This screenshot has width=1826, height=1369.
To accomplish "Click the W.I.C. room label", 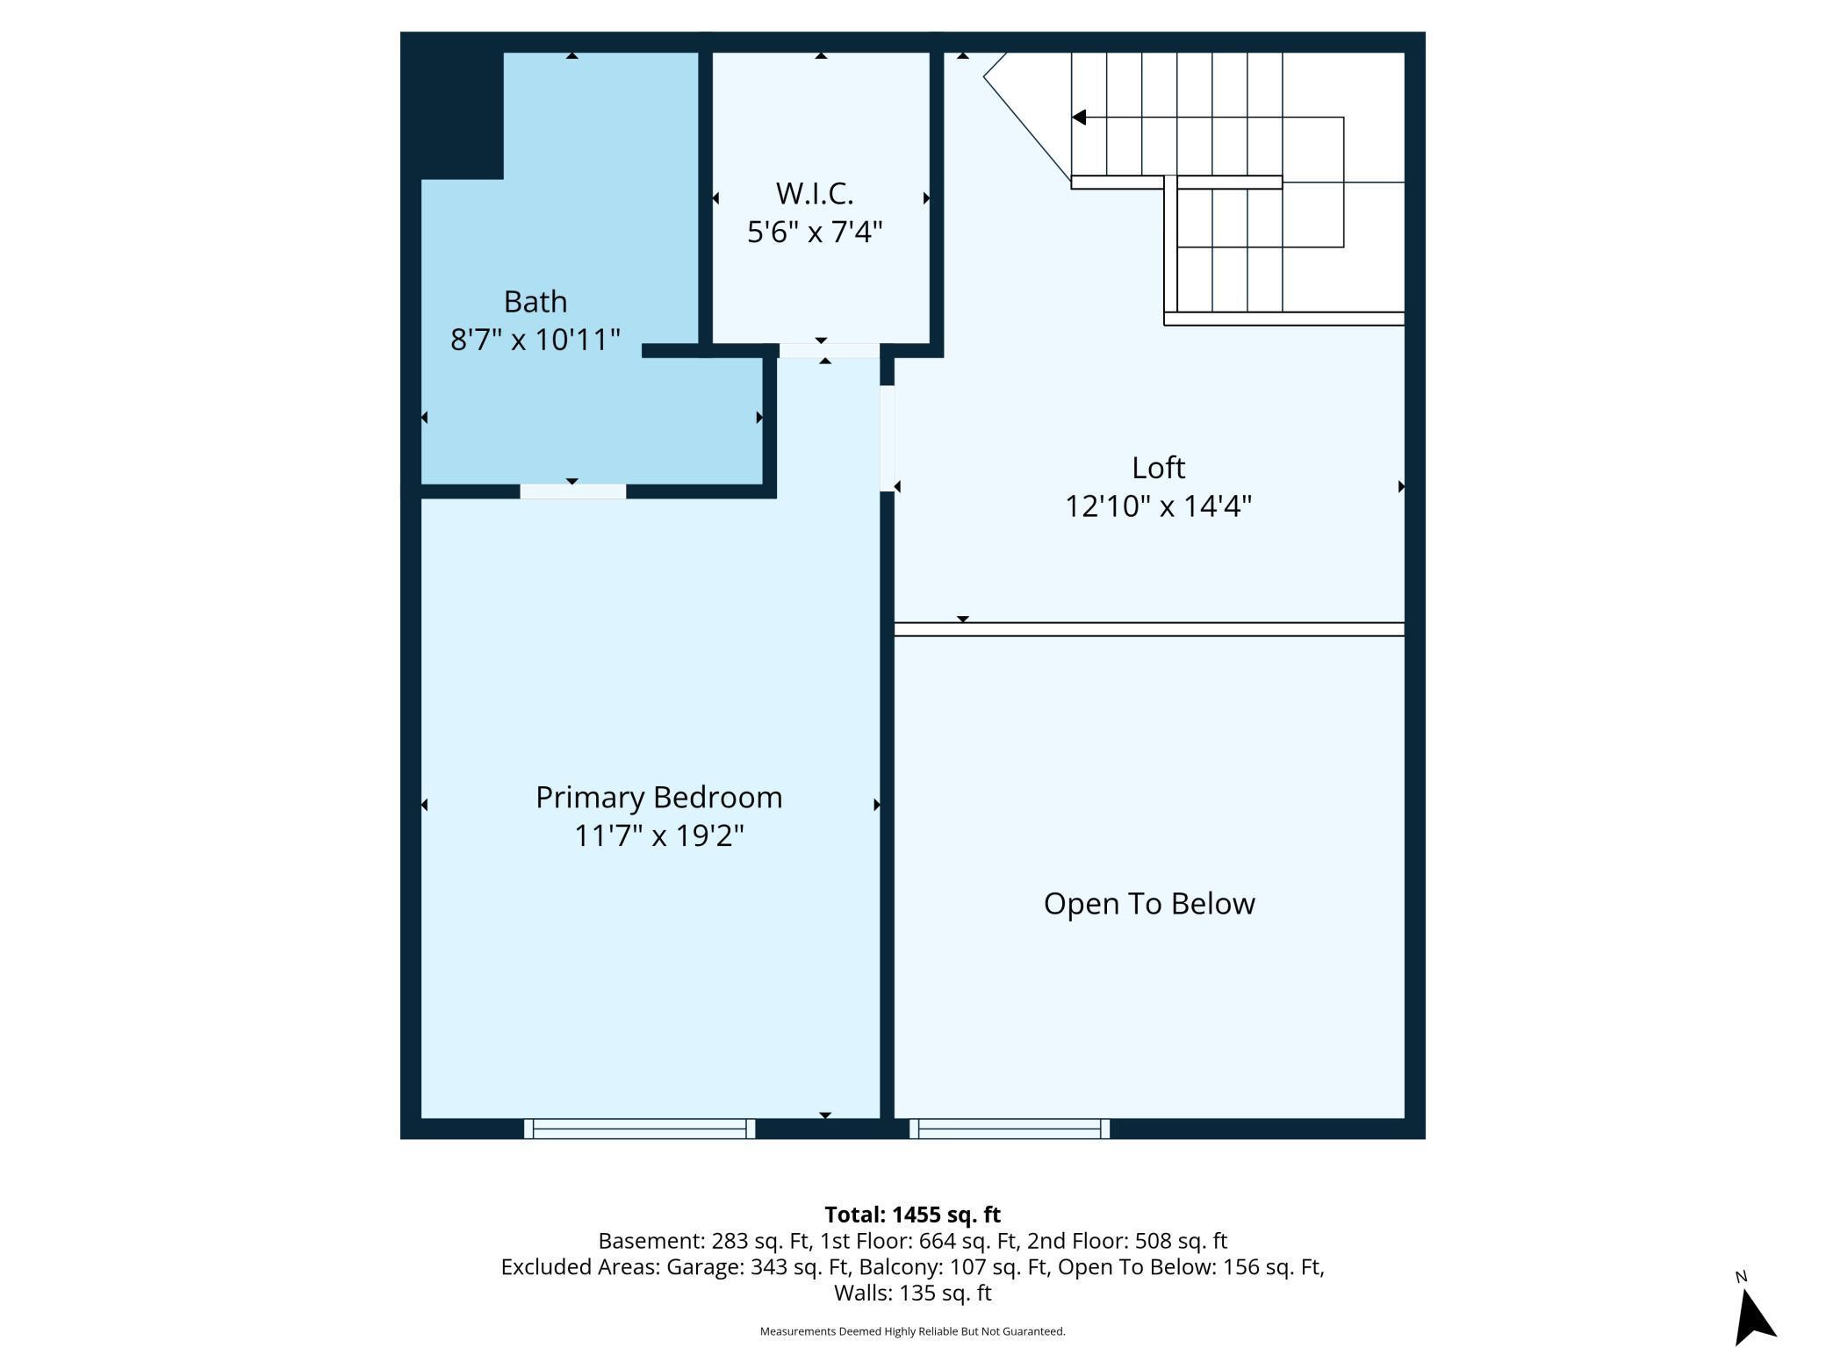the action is pyautogui.click(x=815, y=193).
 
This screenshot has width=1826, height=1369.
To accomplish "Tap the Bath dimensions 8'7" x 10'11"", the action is pyautogui.click(x=536, y=340).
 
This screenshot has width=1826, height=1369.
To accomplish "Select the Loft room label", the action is pyautogui.click(x=1158, y=468).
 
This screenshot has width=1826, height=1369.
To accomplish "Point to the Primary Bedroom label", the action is pyautogui.click(x=658, y=798).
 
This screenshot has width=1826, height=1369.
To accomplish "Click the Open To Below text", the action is pyautogui.click(x=1149, y=904).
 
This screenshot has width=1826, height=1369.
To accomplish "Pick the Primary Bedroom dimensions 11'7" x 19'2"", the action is pyautogui.click(x=658, y=835).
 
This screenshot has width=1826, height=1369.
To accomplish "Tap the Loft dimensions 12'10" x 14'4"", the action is pyautogui.click(x=1158, y=506).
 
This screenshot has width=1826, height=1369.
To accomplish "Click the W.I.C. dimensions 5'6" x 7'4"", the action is pyautogui.click(x=815, y=232).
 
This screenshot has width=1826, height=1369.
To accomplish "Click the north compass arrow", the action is pyautogui.click(x=1754, y=1315).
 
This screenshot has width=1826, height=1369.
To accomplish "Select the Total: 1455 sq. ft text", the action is pyautogui.click(x=913, y=1215).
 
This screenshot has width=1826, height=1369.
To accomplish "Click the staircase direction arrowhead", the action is pyautogui.click(x=1079, y=117).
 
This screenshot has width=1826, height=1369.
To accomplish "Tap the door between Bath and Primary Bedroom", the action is pyautogui.click(x=572, y=491).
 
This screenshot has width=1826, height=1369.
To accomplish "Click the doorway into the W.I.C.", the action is pyautogui.click(x=829, y=351).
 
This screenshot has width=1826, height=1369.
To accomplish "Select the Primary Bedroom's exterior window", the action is pyautogui.click(x=640, y=1129).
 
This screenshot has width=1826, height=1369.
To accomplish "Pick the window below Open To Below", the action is pyautogui.click(x=1010, y=1129).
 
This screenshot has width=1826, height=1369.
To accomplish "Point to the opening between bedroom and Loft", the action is pyautogui.click(x=888, y=439).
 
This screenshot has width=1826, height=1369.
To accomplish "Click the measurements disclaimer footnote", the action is pyautogui.click(x=913, y=1331).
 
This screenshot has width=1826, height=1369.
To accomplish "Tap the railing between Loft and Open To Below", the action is pyautogui.click(x=1149, y=629).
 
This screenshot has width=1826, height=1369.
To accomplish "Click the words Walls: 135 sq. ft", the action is pyautogui.click(x=913, y=1293).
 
